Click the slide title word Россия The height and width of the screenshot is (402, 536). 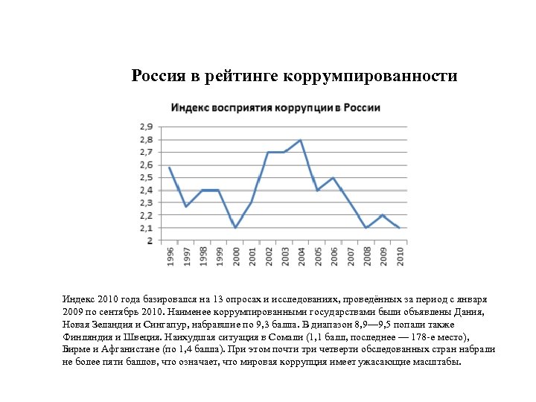pyautogui.click(x=158, y=76)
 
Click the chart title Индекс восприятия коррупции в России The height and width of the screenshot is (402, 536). pyautogui.click(x=276, y=107)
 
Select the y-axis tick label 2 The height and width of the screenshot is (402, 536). pyautogui.click(x=150, y=240)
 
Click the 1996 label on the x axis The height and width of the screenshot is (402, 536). pyautogui.click(x=170, y=256)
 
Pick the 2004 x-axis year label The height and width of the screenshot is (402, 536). pyautogui.click(x=301, y=256)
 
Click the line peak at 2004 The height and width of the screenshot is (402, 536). pyautogui.click(x=301, y=140)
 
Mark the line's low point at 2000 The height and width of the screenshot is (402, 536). pyautogui.click(x=235, y=228)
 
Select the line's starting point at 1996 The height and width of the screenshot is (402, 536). pyautogui.click(x=170, y=167)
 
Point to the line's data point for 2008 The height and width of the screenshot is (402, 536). pyautogui.click(x=366, y=228)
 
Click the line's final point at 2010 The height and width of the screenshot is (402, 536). pyautogui.click(x=399, y=228)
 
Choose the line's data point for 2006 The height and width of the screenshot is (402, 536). pyautogui.click(x=334, y=178)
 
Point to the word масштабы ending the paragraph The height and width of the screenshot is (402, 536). pyautogui.click(x=438, y=363)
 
